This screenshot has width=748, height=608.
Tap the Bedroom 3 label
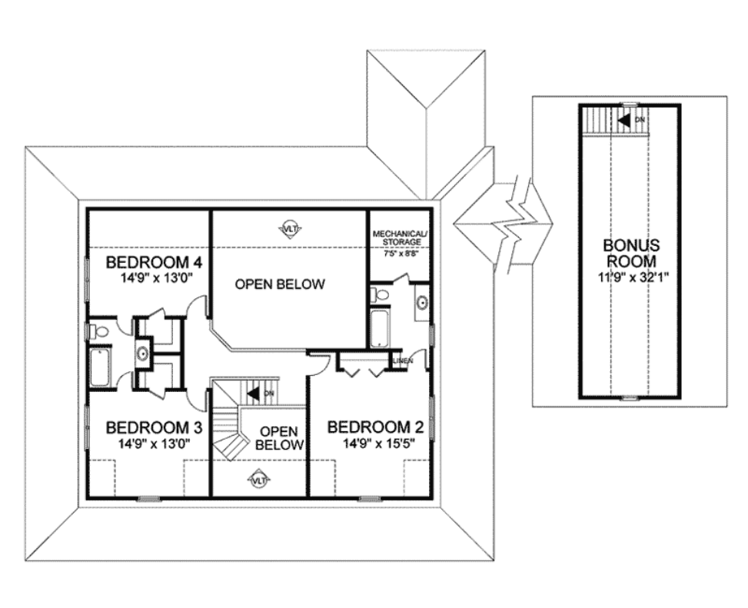(154, 427)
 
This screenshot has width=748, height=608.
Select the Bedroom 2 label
(376, 427)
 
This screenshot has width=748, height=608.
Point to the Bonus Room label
(631, 253)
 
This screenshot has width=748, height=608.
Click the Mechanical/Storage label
(399, 238)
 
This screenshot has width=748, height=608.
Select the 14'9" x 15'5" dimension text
(377, 444)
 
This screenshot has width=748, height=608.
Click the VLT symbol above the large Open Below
(290, 228)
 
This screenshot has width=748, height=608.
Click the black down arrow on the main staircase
(254, 394)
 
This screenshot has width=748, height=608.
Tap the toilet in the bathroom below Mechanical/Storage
(380, 294)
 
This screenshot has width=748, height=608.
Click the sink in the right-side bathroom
(422, 302)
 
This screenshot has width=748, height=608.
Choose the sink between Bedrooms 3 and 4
(142, 354)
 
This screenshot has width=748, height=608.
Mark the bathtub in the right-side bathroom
(380, 327)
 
